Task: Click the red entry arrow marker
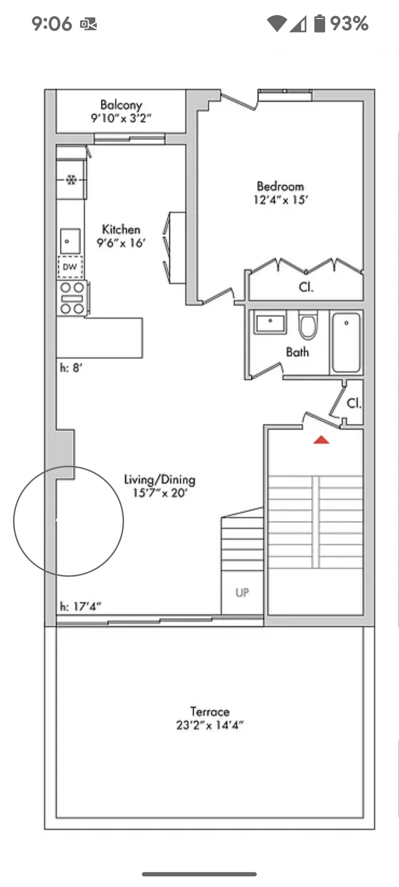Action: pyautogui.click(x=321, y=440)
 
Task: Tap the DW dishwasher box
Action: pyautogui.click(x=70, y=267)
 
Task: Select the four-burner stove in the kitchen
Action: pyautogui.click(x=72, y=298)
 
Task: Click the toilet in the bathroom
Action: pyautogui.click(x=308, y=326)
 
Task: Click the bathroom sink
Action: pyautogui.click(x=270, y=323)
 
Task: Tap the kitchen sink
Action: pyautogui.click(x=70, y=241)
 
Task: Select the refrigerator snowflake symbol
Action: pyautogui.click(x=71, y=180)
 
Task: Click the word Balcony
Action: pyautogui.click(x=121, y=105)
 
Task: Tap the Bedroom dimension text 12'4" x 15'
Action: pyautogui.click(x=281, y=200)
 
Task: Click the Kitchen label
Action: pyautogui.click(x=121, y=230)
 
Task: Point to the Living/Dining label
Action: pyautogui.click(x=160, y=480)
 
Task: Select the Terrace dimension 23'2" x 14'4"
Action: pyautogui.click(x=209, y=725)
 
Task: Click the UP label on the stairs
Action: pyautogui.click(x=242, y=593)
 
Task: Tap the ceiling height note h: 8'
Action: pyautogui.click(x=71, y=368)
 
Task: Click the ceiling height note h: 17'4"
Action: pyautogui.click(x=81, y=606)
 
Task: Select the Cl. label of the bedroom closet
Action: pyautogui.click(x=306, y=287)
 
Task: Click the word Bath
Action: pyautogui.click(x=297, y=352)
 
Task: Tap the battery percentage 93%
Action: pyautogui.click(x=349, y=24)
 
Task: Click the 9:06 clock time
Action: pyautogui.click(x=52, y=24)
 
